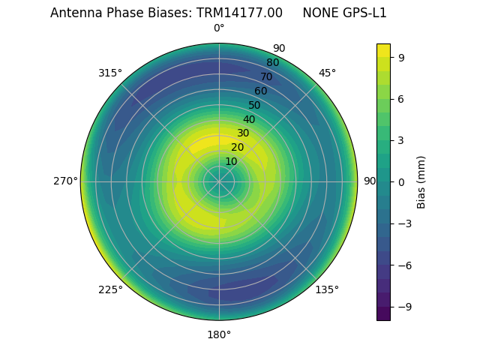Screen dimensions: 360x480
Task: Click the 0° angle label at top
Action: pyautogui.click(x=219, y=28)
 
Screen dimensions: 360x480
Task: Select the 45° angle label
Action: pyautogui.click(x=327, y=73)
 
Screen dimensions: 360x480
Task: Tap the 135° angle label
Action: pyautogui.click(x=327, y=289)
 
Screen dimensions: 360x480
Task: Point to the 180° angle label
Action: pyautogui.click(x=219, y=334)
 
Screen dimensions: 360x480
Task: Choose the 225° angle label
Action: pyautogui.click(x=110, y=289)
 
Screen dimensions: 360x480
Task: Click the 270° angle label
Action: pyautogui.click(x=65, y=181)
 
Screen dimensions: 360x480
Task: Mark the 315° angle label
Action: pyautogui.click(x=110, y=73)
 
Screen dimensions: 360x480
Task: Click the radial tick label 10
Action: pyautogui.click(x=231, y=161)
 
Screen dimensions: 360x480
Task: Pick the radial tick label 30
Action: pyautogui.click(x=243, y=133)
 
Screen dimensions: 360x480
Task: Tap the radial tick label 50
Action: pyautogui.click(x=255, y=105)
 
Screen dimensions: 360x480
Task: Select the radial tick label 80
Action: pyautogui.click(x=273, y=62)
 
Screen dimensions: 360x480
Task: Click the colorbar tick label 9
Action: pyautogui.click(x=400, y=57)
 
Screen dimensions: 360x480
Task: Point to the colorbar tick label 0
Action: pyautogui.click(x=400, y=181)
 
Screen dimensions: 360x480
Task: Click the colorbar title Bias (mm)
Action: pyautogui.click(x=421, y=181)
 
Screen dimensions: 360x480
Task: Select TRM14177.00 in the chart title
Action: pyautogui.click(x=240, y=13)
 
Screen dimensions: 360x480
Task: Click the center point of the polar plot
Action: pyautogui.click(x=219, y=181)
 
